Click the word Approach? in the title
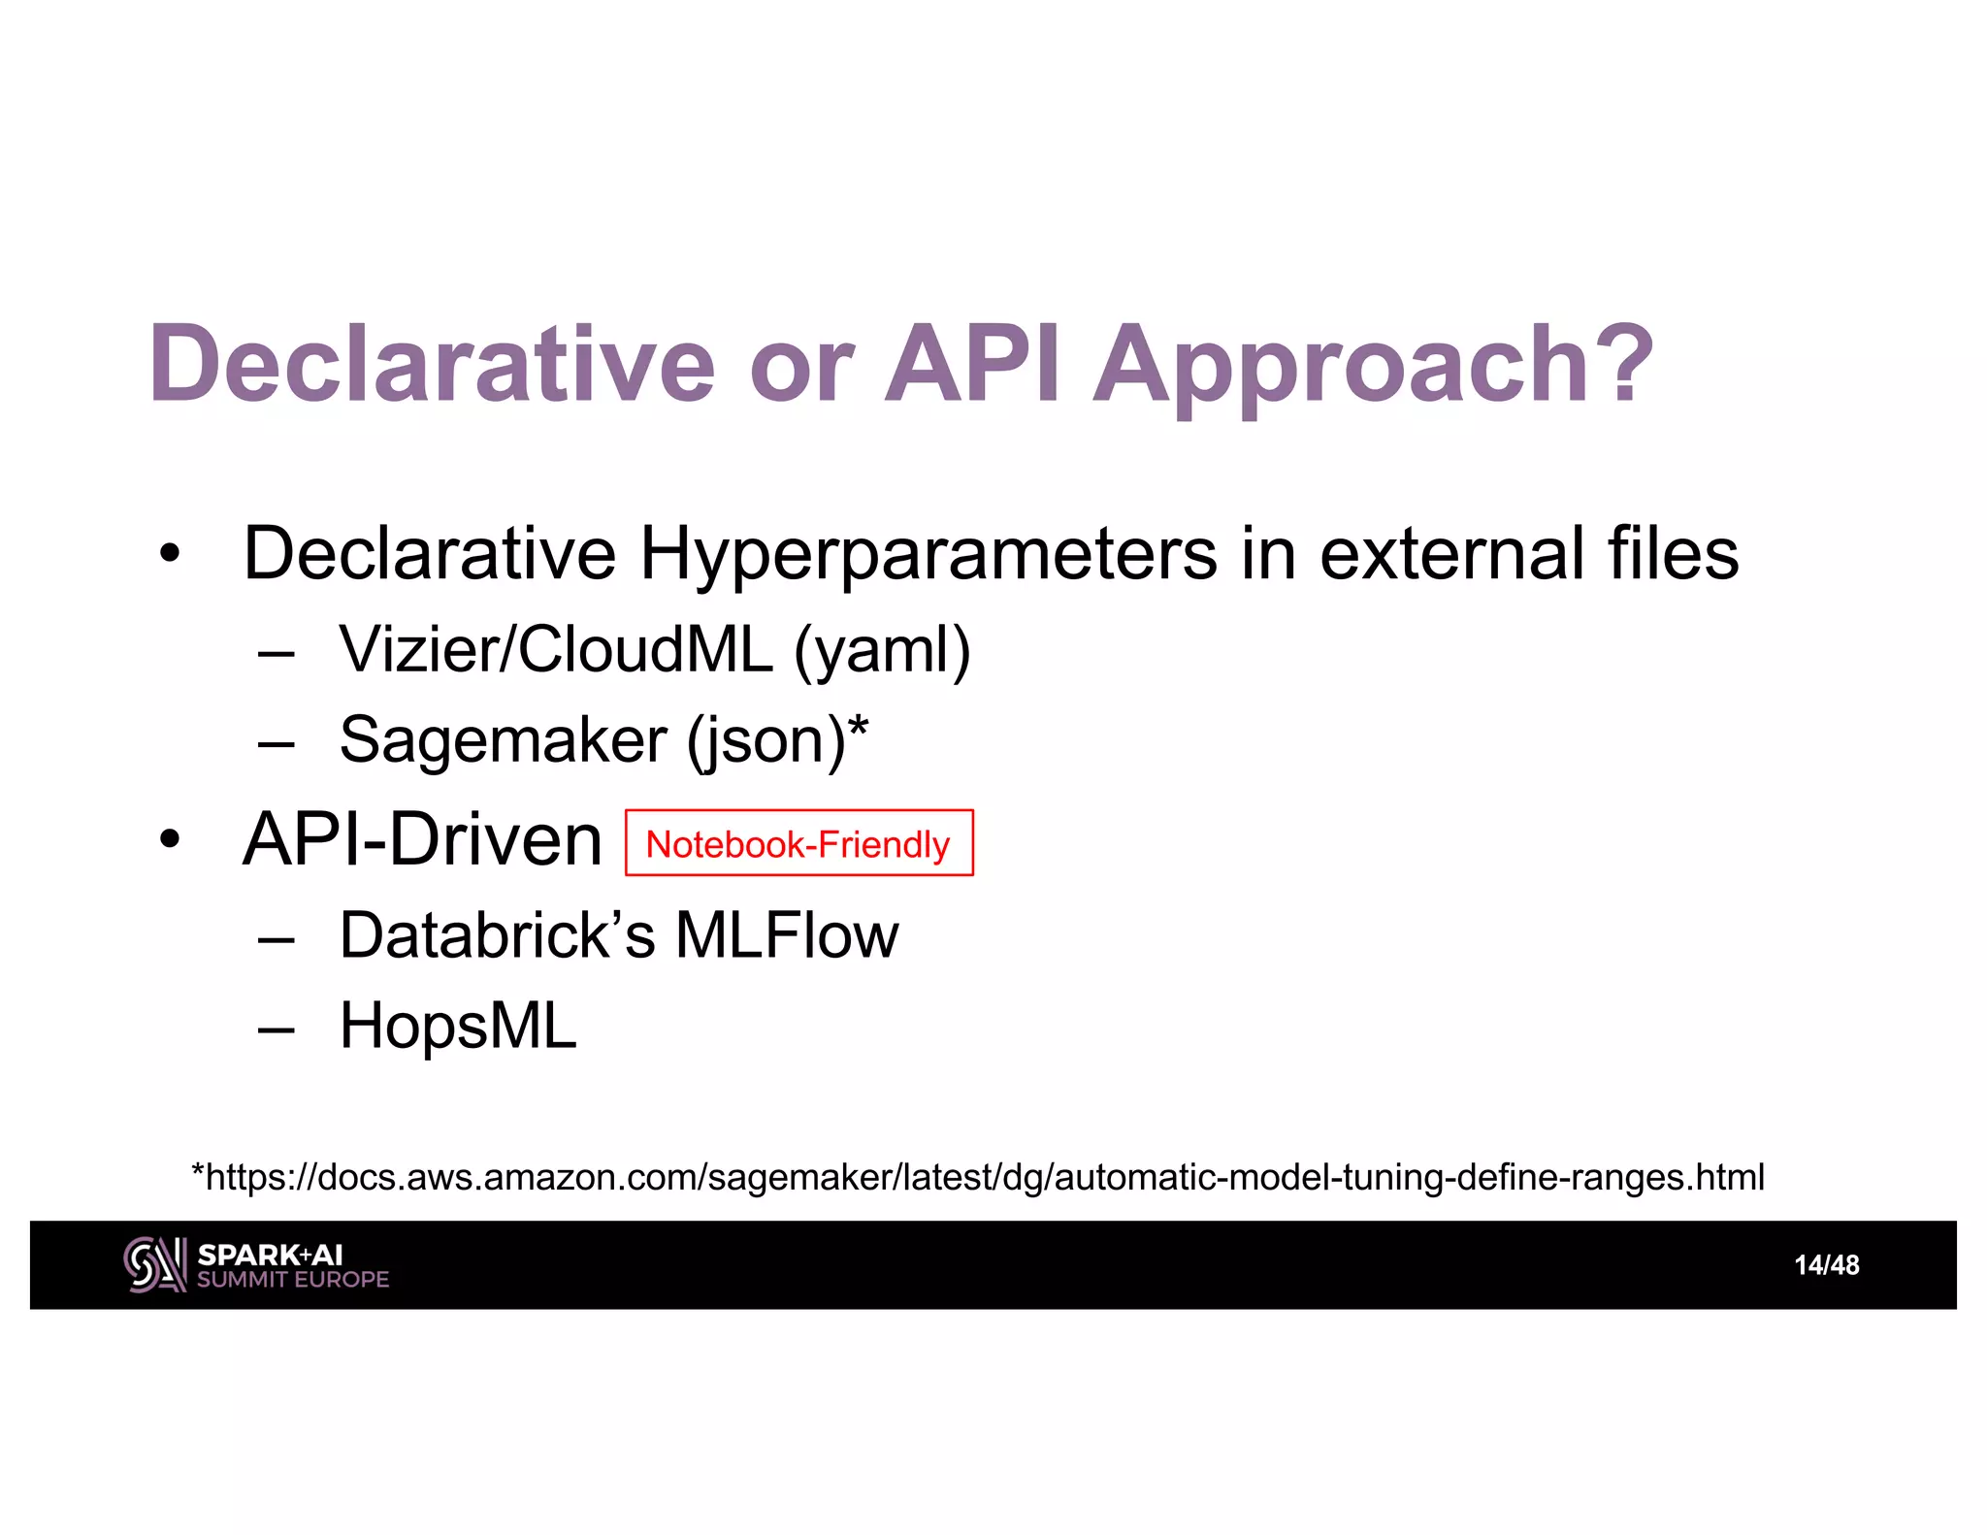1372,367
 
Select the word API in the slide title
973,365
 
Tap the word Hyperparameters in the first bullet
928,555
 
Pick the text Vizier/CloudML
556,649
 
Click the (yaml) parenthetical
882,651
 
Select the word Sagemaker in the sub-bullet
503,740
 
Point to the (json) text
765,742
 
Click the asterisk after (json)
858,727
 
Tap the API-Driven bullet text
422,839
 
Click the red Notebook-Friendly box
798,843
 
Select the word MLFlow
786,936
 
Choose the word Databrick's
498,936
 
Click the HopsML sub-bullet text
458,1027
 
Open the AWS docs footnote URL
978,1177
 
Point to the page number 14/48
1826,1265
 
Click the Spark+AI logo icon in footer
154,1264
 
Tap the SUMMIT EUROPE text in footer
293,1280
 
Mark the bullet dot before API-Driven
170,840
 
